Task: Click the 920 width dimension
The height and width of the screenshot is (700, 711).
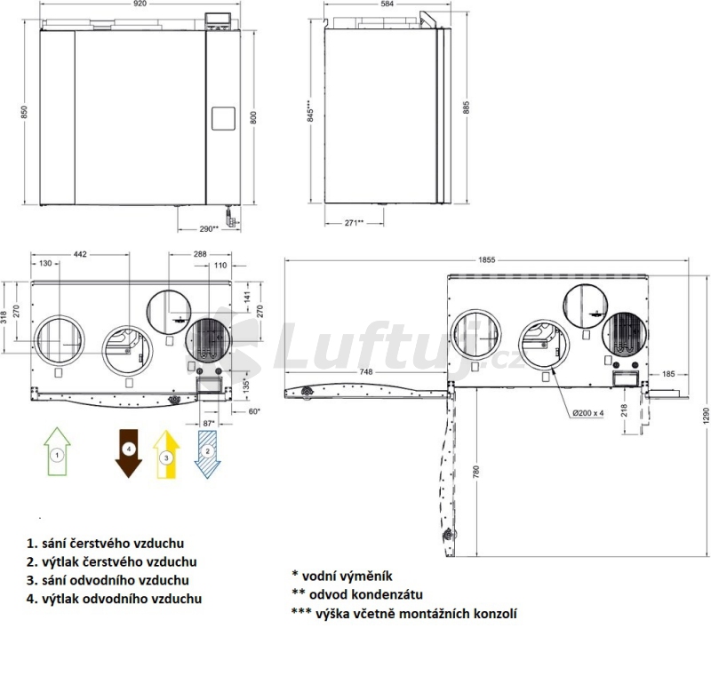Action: point(140,4)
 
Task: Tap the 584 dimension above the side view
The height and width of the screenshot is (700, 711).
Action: point(387,4)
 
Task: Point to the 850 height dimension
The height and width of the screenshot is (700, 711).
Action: point(24,112)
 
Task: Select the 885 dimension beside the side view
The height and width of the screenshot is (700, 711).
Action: point(467,107)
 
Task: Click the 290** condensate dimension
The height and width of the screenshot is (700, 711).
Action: point(209,229)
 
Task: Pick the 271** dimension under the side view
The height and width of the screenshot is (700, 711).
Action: point(354,223)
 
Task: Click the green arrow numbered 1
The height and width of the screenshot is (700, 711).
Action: point(57,451)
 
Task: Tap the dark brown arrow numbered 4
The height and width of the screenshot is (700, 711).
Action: point(129,453)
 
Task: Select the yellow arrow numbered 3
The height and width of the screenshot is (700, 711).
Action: point(166,454)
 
